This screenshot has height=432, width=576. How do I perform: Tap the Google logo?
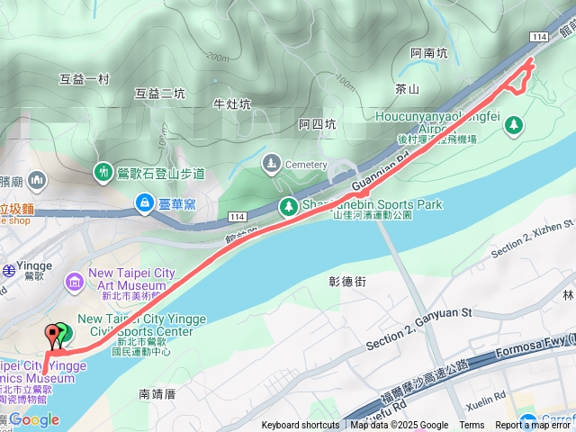tap(34, 419)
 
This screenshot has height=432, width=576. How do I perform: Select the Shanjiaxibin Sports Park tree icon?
tap(288, 206)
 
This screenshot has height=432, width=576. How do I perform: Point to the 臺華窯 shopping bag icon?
tap(144, 204)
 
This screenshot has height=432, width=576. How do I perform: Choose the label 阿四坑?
tap(318, 124)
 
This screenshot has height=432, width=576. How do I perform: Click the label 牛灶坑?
tap(232, 103)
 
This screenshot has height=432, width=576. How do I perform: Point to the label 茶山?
tap(407, 89)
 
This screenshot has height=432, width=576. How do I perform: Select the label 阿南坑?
tap(428, 53)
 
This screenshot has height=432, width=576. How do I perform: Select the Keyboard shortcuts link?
tap(301, 426)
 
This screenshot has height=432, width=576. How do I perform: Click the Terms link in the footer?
tap(472, 426)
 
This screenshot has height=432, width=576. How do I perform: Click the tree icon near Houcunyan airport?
tap(514, 125)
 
